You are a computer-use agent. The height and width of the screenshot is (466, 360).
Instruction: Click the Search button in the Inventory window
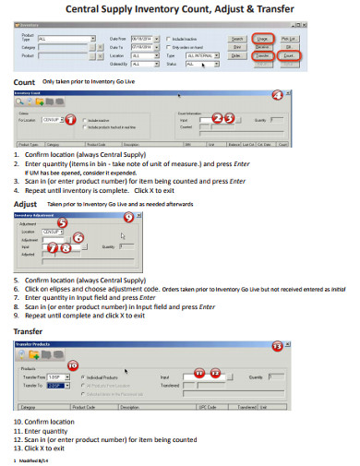(x=236, y=39)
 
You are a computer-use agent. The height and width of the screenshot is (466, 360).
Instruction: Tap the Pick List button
(x=289, y=39)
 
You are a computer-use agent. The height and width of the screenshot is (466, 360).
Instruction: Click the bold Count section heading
(x=25, y=82)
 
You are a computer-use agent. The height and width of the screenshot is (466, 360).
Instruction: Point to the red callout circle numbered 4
(x=278, y=95)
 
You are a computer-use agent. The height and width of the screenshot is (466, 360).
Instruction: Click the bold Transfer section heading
(x=32, y=330)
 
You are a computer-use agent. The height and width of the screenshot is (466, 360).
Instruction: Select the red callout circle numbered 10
(x=72, y=365)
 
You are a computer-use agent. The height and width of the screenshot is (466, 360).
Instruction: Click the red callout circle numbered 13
(x=328, y=345)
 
